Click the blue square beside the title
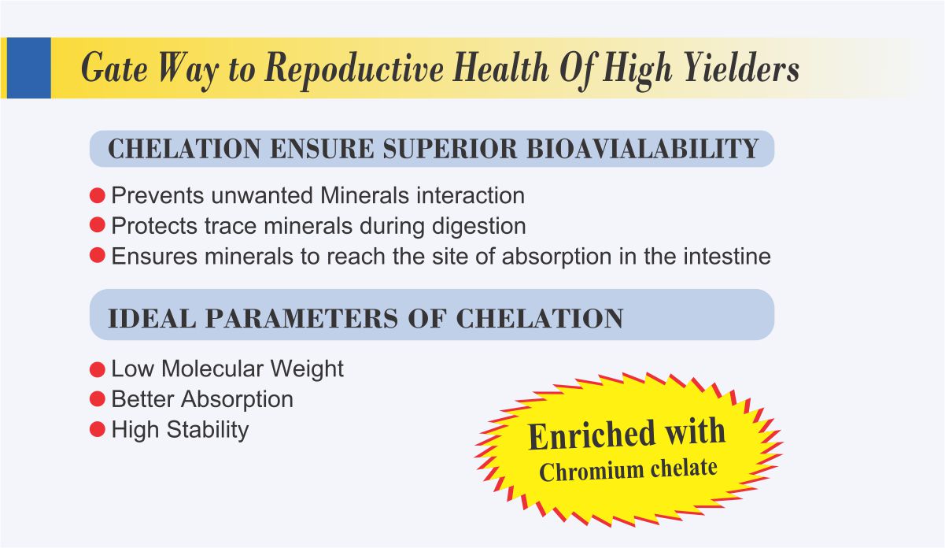28,68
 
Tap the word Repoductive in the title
354,70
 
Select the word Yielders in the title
742,67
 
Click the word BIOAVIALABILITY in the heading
643,149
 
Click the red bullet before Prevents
98,195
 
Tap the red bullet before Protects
98,224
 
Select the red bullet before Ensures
98,255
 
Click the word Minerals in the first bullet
364,195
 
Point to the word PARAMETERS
301,318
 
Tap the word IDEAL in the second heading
152,318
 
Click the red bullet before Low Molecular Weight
98,369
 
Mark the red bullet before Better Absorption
98,399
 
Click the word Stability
208,430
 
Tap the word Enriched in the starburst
592,435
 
